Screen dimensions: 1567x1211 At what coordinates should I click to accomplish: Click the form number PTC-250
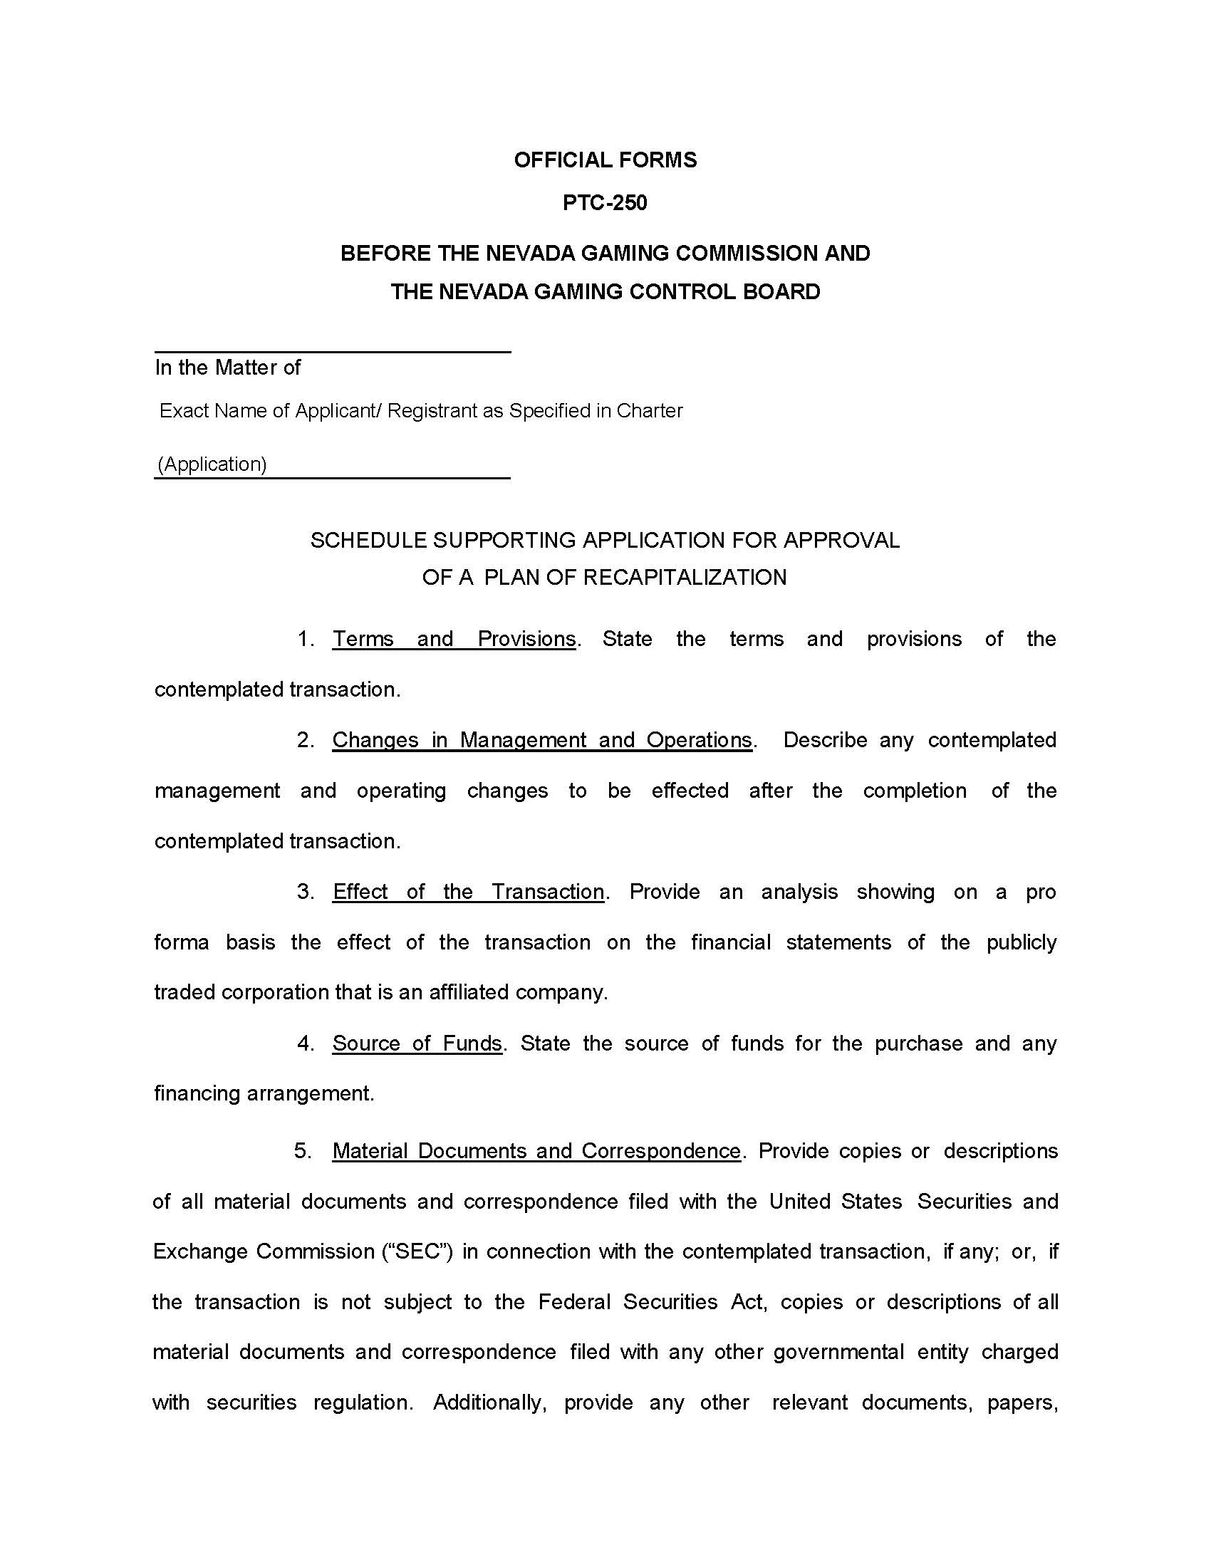pyautogui.click(x=605, y=203)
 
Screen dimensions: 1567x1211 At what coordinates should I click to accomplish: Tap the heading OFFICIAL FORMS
pyautogui.click(x=605, y=160)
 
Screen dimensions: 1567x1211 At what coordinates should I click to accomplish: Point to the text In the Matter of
pyautogui.click(x=227, y=368)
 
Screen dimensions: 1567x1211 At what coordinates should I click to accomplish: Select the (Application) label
pyautogui.click(x=212, y=464)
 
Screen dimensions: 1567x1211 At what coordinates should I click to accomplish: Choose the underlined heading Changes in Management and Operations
pyautogui.click(x=541, y=741)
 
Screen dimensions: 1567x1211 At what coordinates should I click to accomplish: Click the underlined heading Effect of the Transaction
pyautogui.click(x=468, y=892)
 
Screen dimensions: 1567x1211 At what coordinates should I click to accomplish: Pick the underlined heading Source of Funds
pyautogui.click(x=417, y=1043)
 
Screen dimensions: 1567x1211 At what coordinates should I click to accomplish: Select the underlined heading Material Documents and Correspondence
pyautogui.click(x=536, y=1151)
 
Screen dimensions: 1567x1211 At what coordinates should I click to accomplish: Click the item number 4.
pyautogui.click(x=306, y=1043)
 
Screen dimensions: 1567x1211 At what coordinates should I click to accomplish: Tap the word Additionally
pyautogui.click(x=490, y=1402)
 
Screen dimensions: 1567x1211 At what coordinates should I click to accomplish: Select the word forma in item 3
pyautogui.click(x=182, y=942)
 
